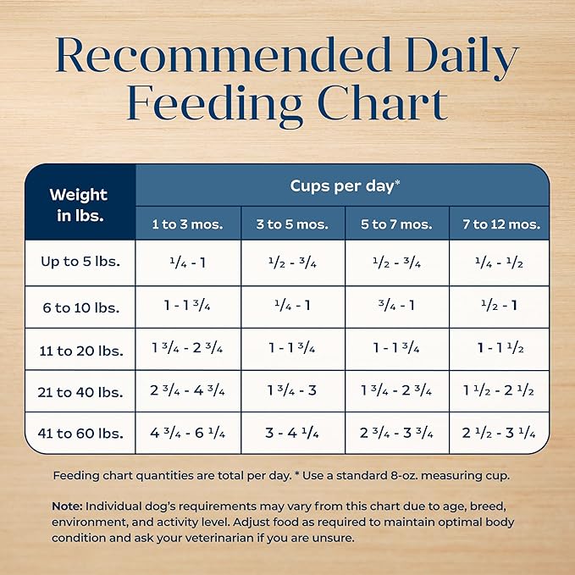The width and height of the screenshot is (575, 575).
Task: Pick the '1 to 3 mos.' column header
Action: [x=187, y=224]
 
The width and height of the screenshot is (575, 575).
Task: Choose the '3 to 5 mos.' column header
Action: [x=292, y=224]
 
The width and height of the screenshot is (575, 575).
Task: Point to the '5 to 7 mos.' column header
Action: [x=396, y=224]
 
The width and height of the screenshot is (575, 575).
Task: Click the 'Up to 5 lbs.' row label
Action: [x=80, y=262]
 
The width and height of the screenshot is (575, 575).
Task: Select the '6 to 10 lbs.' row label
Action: [x=80, y=307]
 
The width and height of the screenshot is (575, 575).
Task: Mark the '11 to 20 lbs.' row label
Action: [x=80, y=350]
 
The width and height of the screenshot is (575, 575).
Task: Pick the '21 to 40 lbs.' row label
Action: [x=80, y=391]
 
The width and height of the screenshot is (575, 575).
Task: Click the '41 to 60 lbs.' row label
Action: [x=80, y=434]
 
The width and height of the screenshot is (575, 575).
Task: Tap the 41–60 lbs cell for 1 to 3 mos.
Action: [x=187, y=434]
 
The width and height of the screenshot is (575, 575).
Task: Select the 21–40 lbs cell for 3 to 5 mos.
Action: [x=292, y=391]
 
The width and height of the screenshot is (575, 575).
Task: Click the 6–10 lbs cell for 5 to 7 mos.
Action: [x=396, y=306]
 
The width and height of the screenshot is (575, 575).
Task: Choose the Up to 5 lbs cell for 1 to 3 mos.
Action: [x=187, y=263]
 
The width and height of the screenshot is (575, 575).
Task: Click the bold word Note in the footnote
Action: [x=66, y=506]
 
